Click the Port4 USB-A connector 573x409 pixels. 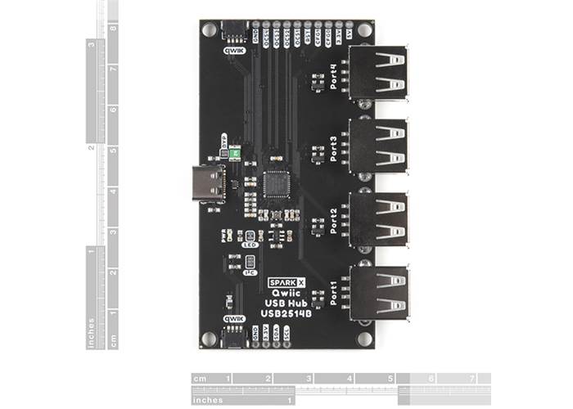tap(378, 72)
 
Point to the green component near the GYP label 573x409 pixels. tap(235, 152)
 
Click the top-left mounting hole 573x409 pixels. tap(210, 29)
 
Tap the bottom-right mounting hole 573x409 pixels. tap(364, 338)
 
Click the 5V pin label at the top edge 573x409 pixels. tap(350, 35)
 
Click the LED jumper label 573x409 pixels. tap(250, 245)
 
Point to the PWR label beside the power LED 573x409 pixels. tap(223, 236)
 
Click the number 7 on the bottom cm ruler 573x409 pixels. tap(472, 379)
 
